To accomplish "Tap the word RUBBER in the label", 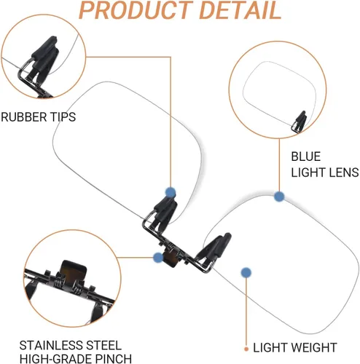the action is (x=24, y=117).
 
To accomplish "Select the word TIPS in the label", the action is (x=63, y=117).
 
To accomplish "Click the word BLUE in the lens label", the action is (x=306, y=157).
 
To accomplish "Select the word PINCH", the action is (x=114, y=359).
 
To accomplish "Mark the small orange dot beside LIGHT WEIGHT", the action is (x=246, y=349).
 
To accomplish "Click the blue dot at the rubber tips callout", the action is (x=171, y=192).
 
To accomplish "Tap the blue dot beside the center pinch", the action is (x=158, y=257).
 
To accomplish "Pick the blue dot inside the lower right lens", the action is (x=246, y=272).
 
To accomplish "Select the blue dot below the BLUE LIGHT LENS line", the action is (x=279, y=197).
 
